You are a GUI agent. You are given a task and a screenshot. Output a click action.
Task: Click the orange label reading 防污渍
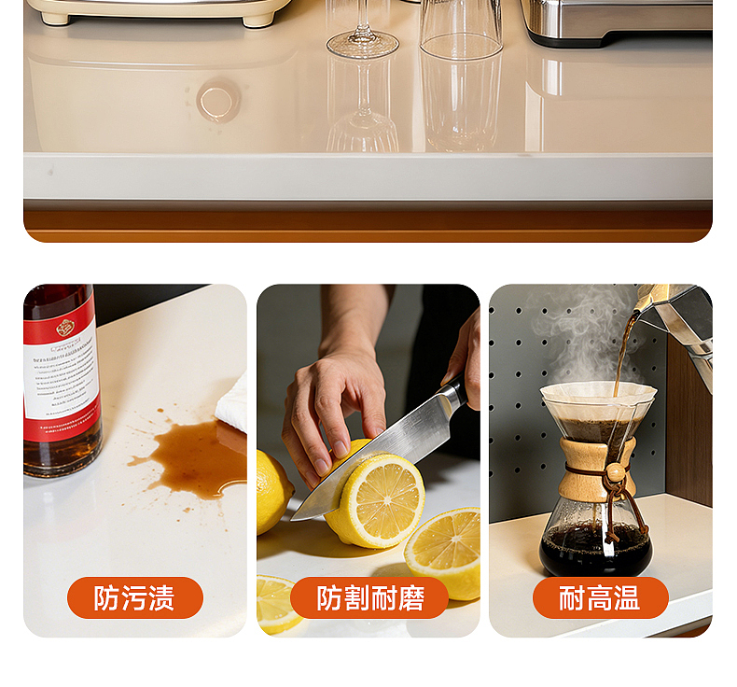pyautogui.click(x=134, y=597)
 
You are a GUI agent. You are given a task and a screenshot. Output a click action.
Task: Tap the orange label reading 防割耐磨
pyautogui.click(x=369, y=597)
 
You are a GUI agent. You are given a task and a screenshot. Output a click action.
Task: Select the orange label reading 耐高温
pyautogui.click(x=600, y=597)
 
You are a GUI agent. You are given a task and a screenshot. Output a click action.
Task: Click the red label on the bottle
pyautogui.click(x=61, y=373)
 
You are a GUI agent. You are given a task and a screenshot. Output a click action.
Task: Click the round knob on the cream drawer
pyautogui.click(x=218, y=100)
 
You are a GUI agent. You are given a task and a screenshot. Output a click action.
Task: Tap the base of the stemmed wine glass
pyautogui.click(x=362, y=44)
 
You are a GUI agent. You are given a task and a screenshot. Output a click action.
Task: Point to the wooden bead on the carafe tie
pyautogui.click(x=615, y=473)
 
